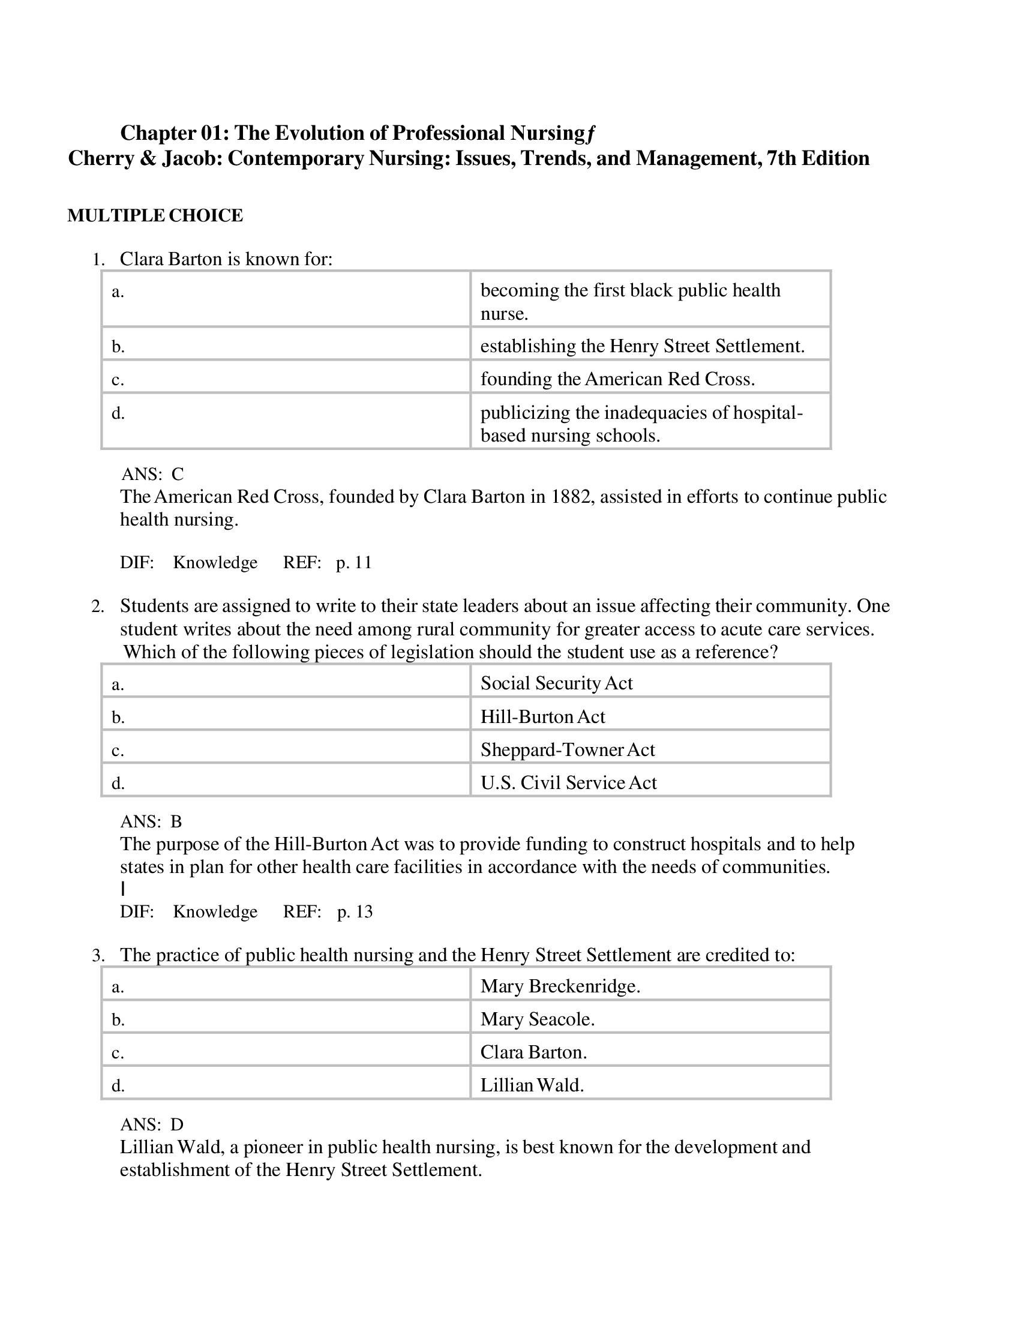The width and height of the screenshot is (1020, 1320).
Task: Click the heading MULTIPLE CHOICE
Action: pos(155,216)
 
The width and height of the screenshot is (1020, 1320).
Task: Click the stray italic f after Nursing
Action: pos(590,134)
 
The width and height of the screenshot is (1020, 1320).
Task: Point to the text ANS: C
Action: pos(152,474)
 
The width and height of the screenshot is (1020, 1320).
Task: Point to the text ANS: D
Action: pos(152,1124)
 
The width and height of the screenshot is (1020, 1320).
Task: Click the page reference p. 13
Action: pos(355,911)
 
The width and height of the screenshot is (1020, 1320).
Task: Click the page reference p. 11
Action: pos(353,563)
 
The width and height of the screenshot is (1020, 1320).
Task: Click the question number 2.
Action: pos(97,606)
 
